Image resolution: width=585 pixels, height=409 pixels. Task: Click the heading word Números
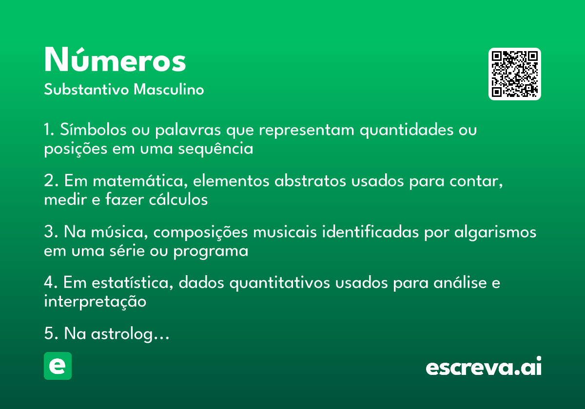tap(115, 60)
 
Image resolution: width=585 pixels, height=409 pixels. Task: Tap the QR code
tap(514, 74)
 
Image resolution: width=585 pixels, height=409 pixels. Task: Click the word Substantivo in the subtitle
tap(86, 90)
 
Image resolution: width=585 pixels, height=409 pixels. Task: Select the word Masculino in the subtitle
tap(169, 90)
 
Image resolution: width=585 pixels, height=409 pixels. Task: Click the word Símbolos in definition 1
tap(93, 130)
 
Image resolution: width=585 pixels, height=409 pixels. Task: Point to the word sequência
tap(215, 149)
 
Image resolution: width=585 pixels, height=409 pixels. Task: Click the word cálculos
tap(178, 200)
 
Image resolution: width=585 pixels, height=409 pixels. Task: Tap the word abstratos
tap(310, 181)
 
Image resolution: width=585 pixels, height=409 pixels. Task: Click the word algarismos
tap(495, 232)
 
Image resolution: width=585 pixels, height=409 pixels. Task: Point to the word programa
tap(211, 251)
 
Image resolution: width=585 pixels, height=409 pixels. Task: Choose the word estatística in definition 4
tap(133, 282)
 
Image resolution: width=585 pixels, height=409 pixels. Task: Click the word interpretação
tap(95, 302)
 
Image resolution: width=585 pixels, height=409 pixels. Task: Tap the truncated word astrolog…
tap(130, 334)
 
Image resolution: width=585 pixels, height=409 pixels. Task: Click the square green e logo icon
tap(58, 366)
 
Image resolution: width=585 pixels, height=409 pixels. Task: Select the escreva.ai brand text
tap(484, 366)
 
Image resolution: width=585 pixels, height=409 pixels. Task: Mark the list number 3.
tap(49, 232)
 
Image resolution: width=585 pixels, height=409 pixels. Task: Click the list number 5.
tap(49, 334)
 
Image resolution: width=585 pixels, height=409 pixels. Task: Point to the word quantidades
tap(407, 130)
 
